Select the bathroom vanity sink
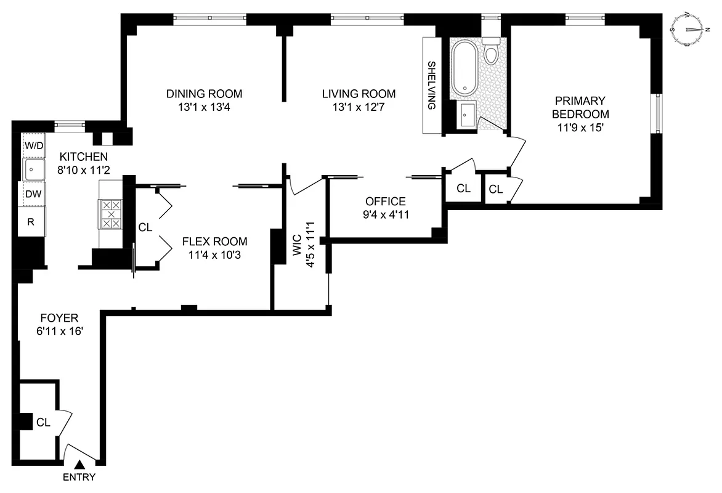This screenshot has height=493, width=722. click(466, 115)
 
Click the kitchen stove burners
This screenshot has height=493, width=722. click(112, 214)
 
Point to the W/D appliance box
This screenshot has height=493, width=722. click(33, 146)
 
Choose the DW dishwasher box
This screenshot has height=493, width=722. click(33, 194)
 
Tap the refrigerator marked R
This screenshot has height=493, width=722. click(30, 221)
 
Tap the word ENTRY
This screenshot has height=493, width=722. click(79, 476)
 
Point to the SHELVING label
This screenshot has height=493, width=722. click(432, 85)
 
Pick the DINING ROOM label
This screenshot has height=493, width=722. click(204, 94)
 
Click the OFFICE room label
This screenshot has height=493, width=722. click(386, 201)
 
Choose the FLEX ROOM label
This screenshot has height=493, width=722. click(214, 241)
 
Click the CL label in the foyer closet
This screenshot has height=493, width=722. click(43, 422)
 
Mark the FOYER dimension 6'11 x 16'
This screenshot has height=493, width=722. click(59, 332)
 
